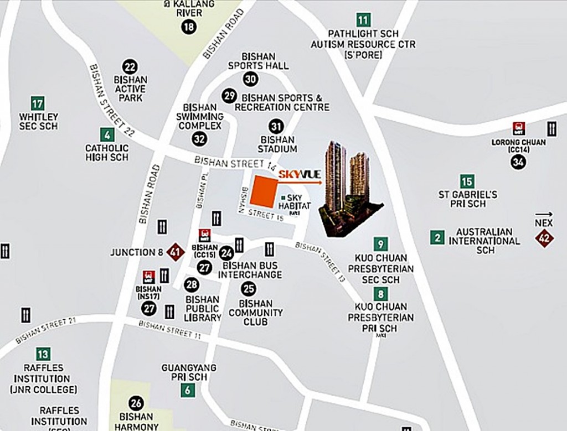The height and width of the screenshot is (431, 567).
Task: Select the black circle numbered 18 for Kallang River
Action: pos(189,27)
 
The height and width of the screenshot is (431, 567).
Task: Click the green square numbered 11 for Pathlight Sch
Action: pos(363,20)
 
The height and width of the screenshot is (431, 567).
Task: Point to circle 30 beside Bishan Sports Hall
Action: pos(250,79)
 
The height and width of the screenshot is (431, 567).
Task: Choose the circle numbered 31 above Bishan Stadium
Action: pos(276,126)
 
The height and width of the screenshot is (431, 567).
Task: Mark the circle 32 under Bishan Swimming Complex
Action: pos(199,139)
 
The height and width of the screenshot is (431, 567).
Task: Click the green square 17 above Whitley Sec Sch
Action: pos(38,103)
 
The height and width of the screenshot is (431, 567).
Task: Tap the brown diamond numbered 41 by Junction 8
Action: pos(176,252)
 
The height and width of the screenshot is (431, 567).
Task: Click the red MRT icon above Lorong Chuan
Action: pos(518,128)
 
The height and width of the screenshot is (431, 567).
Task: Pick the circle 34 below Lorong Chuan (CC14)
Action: pos(519,162)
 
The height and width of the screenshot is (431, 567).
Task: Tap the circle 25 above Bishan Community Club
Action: pos(249,288)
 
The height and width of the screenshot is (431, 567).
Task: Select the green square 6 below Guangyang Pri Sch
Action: pos(188,390)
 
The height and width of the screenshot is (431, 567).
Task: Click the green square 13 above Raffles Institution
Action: pos(43,354)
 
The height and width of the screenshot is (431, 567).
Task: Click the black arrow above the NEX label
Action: pos(544,214)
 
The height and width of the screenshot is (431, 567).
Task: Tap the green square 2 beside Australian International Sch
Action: pos(437,238)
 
